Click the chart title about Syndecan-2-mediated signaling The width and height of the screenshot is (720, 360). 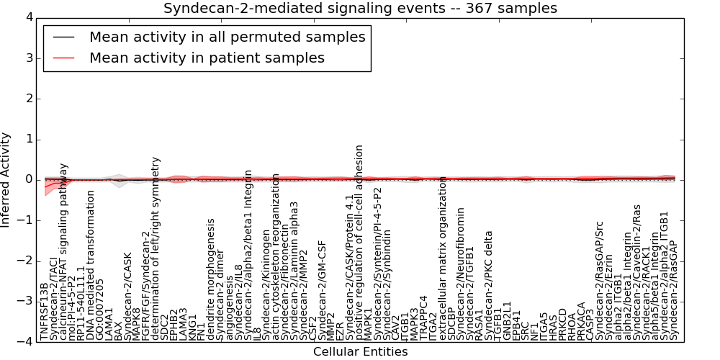tap(360, 9)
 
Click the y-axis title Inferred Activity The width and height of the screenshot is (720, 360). tap(6, 180)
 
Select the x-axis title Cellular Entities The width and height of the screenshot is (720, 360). tap(360, 352)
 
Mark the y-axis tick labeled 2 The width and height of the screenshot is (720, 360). tap(28, 98)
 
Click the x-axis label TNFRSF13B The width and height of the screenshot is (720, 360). tap(45, 311)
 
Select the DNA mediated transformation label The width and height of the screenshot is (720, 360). tap(91, 266)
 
